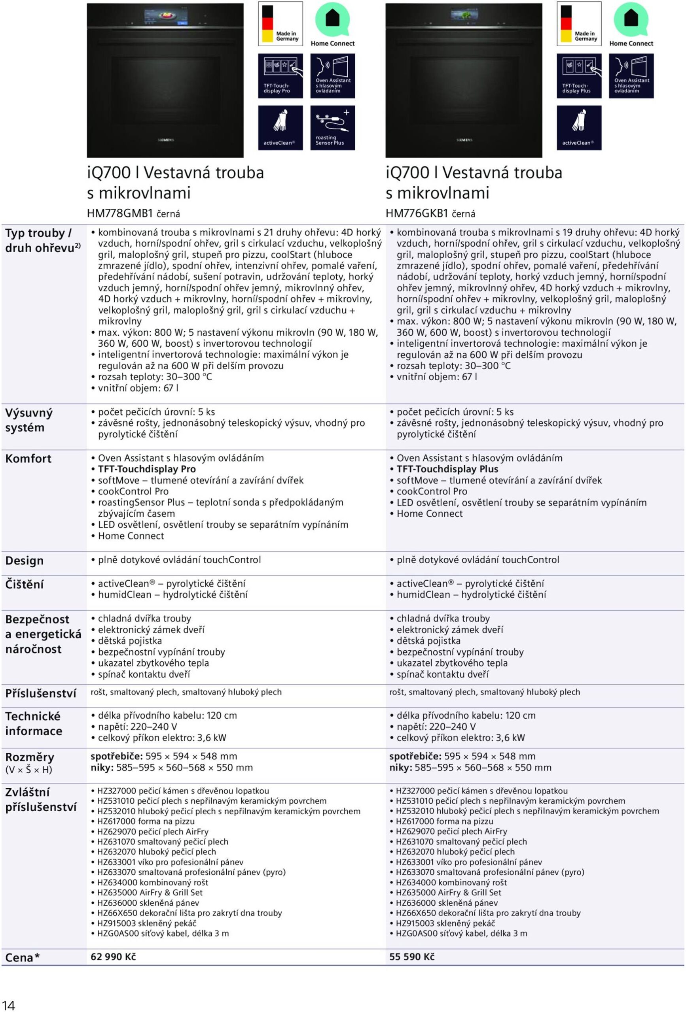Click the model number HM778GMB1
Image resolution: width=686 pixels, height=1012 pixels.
pyautogui.click(x=120, y=213)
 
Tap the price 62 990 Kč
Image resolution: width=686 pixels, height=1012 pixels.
pyautogui.click(x=113, y=957)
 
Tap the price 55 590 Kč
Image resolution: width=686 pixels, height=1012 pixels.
pyautogui.click(x=412, y=957)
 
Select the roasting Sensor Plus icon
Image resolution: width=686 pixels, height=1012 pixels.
pyautogui.click(x=333, y=128)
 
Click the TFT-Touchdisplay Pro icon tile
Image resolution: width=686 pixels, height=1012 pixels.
pyautogui.click(x=280, y=76)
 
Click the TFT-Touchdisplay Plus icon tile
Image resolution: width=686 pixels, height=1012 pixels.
pyautogui.click(x=579, y=76)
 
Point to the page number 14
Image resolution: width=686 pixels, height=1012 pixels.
pyautogui.click(x=8, y=1005)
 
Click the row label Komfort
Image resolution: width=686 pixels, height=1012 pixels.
pyautogui.click(x=28, y=459)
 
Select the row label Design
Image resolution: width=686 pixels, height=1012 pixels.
pyautogui.click(x=25, y=561)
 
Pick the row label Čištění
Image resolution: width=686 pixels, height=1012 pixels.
pyautogui.click(x=25, y=584)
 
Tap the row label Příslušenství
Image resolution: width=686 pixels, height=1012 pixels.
pyautogui.click(x=40, y=693)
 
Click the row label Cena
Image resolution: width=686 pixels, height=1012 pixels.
pyautogui.click(x=19, y=957)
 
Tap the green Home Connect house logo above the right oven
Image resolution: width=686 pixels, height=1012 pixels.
pyautogui.click(x=631, y=19)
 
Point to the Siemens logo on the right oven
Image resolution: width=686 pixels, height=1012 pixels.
pyautogui.click(x=464, y=140)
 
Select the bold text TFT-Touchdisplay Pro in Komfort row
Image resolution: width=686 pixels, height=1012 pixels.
pyautogui.click(x=147, y=469)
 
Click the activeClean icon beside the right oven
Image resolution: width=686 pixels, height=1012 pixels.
pyautogui.click(x=579, y=128)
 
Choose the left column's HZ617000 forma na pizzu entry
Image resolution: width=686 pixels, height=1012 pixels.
pyautogui.click(x=146, y=821)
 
